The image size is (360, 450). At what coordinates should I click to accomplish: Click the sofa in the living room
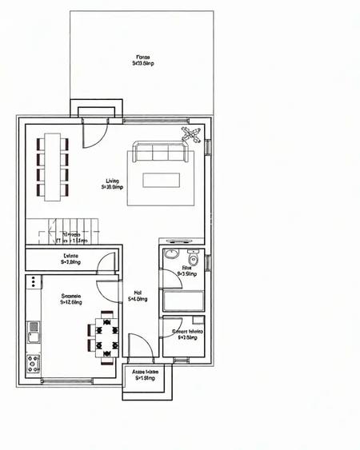(x=161, y=153)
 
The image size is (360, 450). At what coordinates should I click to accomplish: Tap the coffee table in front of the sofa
(x=161, y=179)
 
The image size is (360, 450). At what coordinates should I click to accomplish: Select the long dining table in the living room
(x=53, y=165)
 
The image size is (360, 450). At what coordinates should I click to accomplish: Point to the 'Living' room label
(x=112, y=181)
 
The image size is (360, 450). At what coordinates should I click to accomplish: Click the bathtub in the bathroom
(x=183, y=301)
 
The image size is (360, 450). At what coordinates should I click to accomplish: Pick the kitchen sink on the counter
(x=34, y=326)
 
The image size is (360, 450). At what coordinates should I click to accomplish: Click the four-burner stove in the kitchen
(x=34, y=363)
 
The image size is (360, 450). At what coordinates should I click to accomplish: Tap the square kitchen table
(x=105, y=337)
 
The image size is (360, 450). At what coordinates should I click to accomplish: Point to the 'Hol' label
(x=138, y=293)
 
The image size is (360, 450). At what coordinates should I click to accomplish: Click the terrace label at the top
(x=143, y=58)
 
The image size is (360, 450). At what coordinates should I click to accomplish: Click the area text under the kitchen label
(x=71, y=302)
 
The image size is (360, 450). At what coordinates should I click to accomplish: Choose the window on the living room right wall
(x=208, y=149)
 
